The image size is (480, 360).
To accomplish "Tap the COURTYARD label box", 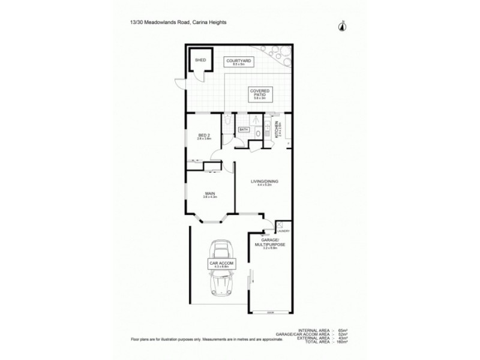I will pyautogui.click(x=239, y=62).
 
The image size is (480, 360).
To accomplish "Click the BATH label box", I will pyautogui.click(x=244, y=129).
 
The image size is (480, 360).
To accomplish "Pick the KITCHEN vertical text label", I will pyautogui.click(x=277, y=130).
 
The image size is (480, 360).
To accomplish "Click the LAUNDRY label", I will pyautogui.click(x=284, y=231).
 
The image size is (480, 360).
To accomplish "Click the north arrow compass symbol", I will pyautogui.click(x=342, y=25).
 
